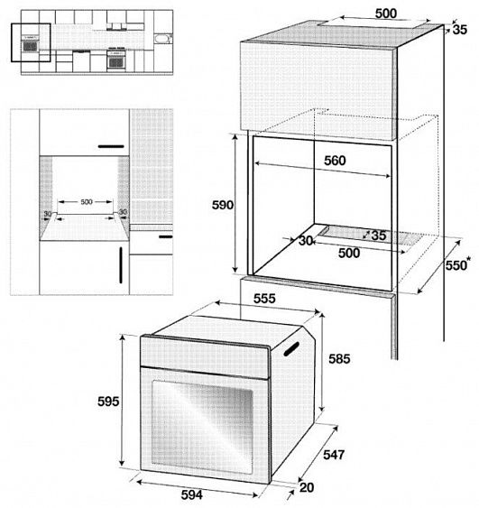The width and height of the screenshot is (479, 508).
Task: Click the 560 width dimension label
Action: (x=335, y=161)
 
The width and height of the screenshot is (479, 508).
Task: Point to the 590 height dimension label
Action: (x=223, y=205)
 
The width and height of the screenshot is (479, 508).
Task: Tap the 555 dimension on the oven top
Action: (x=263, y=299)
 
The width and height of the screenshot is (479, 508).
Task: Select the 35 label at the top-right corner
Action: (x=460, y=31)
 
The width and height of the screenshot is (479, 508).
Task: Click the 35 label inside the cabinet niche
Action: (x=378, y=236)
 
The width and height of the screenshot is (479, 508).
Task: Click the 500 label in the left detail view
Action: (x=87, y=202)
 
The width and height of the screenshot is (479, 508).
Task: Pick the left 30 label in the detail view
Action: (x=47, y=214)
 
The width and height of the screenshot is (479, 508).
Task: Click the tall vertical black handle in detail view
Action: (x=118, y=267)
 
